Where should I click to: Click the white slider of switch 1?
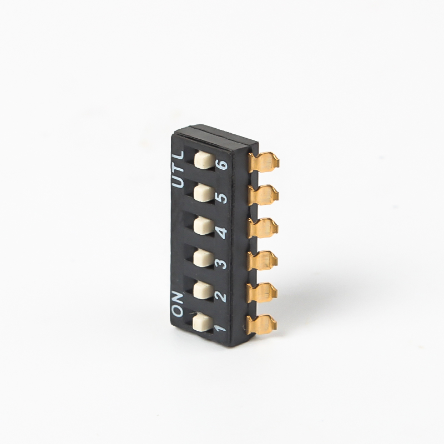point(203,322)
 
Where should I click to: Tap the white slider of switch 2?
point(204,290)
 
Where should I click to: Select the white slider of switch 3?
point(204,258)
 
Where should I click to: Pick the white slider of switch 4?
point(204,225)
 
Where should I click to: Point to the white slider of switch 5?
point(204,193)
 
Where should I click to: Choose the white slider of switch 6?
point(205,160)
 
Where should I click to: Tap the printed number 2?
point(220,296)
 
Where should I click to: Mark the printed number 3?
point(221,263)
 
